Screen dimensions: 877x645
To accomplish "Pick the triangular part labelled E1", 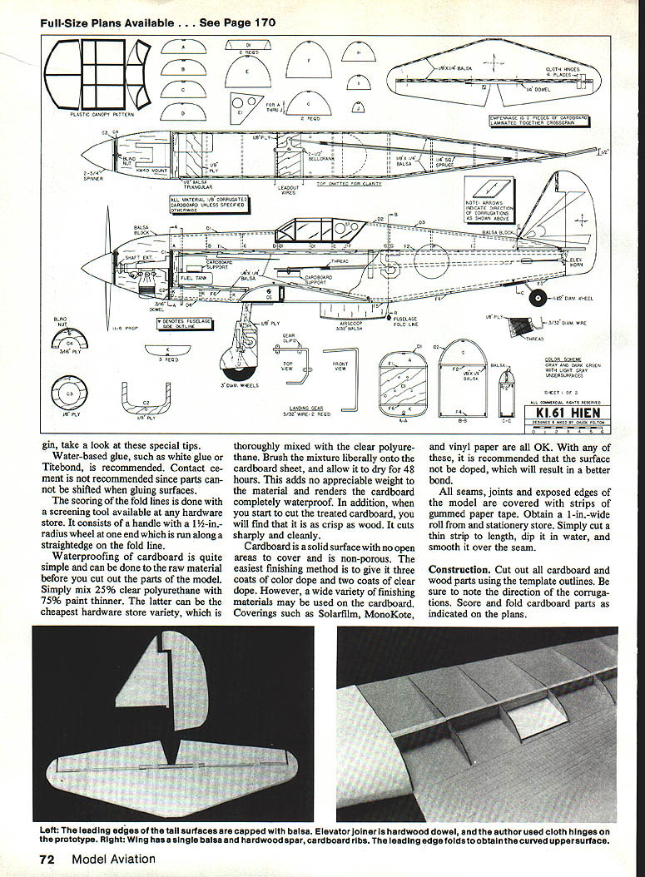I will (240, 109).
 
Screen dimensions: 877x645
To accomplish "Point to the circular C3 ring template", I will (70, 394).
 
